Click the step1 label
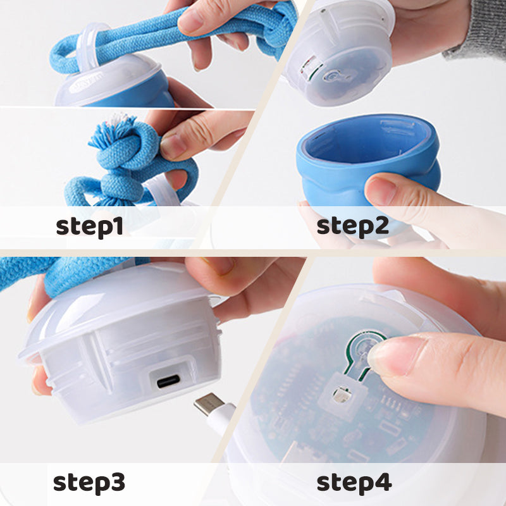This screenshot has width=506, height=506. [x=89, y=226]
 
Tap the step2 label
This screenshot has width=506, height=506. [x=352, y=226]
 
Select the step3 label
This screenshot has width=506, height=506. [x=89, y=482]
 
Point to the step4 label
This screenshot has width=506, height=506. [x=354, y=482]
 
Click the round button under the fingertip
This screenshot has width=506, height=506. [x=362, y=348]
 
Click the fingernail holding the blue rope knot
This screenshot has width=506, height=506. [x=172, y=145]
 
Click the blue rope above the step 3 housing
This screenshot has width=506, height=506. [x=70, y=272]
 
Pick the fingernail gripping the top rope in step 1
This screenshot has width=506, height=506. [x=191, y=22]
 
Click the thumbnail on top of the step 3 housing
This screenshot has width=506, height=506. [x=219, y=266]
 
